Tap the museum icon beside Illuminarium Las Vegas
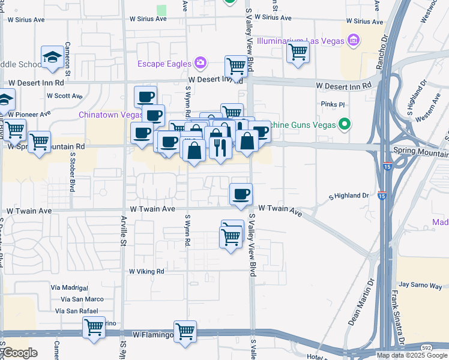(354, 41)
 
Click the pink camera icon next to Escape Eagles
(200, 63)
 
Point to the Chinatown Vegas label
(110, 114)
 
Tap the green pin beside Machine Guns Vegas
(344, 124)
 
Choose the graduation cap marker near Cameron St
(52, 57)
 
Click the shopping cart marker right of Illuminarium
(298, 52)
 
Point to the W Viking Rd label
(146, 271)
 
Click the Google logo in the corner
(20, 352)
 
